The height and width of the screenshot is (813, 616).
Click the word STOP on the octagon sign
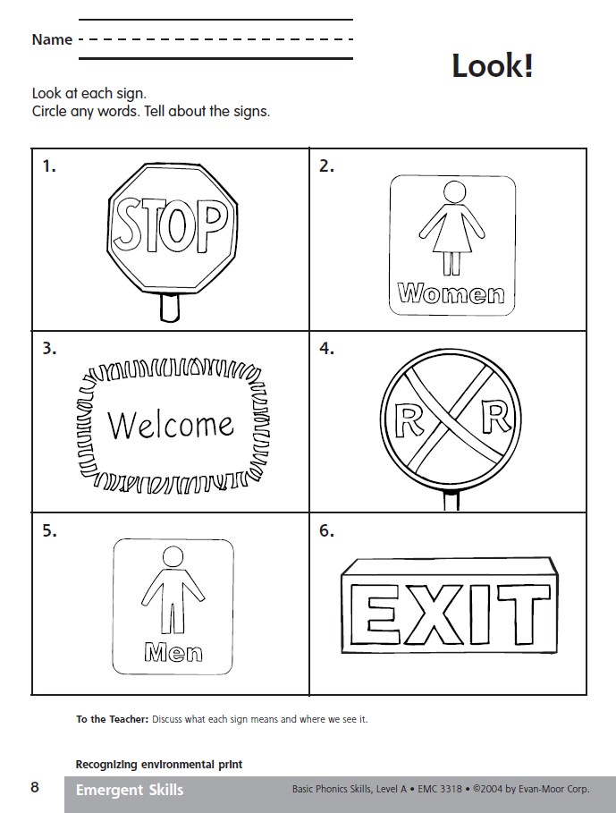(171, 226)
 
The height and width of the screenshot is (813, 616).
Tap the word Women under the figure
(451, 293)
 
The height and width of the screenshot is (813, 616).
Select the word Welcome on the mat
(171, 425)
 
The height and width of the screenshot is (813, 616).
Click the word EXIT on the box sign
(451, 614)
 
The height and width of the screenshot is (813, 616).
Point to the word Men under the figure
(173, 652)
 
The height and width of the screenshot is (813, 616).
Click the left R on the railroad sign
(409, 419)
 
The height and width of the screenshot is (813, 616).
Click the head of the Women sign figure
(454, 191)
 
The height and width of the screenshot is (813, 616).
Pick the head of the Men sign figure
(173, 557)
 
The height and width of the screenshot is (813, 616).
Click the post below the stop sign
(169, 308)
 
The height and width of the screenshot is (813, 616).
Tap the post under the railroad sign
(451, 500)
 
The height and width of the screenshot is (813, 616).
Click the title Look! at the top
(493, 66)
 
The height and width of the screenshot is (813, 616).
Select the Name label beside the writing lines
(52, 39)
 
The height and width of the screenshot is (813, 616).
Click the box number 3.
(50, 349)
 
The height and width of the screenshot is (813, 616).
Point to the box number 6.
(326, 531)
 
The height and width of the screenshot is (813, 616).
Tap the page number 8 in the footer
(35, 787)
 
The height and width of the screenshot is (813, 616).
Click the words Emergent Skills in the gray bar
(130, 790)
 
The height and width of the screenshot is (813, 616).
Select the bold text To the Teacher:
(112, 719)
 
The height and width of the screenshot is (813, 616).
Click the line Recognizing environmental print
(159, 765)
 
